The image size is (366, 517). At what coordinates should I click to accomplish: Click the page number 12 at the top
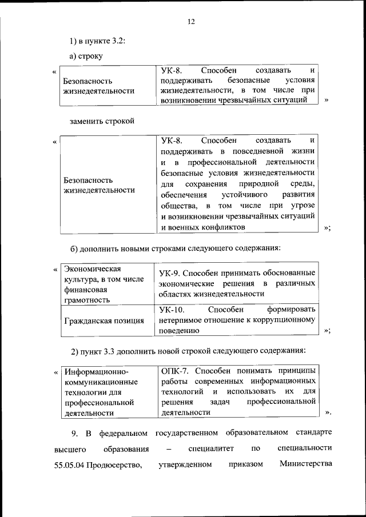coord(191,22)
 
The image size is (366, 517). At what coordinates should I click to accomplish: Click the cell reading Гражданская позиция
coord(104,320)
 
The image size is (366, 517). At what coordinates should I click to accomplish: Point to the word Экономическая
coord(91,268)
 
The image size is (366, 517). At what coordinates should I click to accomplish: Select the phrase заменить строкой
coord(102,122)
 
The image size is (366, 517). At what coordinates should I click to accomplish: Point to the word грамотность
coord(88,299)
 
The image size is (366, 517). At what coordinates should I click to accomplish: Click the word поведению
coord(179,330)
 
